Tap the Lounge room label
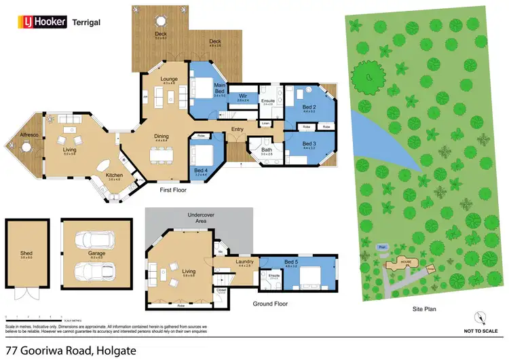[169, 79]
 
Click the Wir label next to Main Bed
[243, 96]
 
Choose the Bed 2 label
[309, 107]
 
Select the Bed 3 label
[309, 143]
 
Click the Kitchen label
[114, 176]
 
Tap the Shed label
[26, 254]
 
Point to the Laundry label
[244, 262]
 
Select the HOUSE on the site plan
[405, 261]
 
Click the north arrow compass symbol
[481, 317]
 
